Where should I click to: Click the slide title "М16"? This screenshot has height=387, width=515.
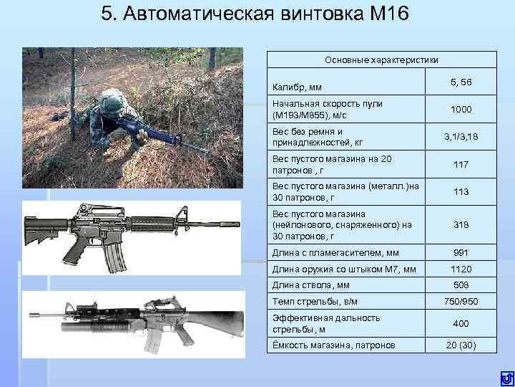(x=390, y=14)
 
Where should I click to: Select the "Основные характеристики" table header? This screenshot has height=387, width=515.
(x=381, y=60)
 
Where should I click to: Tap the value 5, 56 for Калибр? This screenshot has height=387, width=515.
(x=461, y=82)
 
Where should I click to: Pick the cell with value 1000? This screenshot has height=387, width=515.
(x=461, y=109)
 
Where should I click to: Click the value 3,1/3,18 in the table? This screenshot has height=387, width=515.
(x=461, y=137)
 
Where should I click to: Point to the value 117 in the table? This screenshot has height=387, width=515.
(x=461, y=164)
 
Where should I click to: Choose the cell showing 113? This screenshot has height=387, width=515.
(x=461, y=191)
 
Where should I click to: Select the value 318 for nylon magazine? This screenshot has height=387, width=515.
(x=461, y=225)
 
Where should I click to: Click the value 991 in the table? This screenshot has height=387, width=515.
(x=461, y=253)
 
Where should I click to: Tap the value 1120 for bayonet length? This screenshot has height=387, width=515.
(x=461, y=269)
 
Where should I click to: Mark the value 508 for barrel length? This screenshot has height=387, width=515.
(x=461, y=285)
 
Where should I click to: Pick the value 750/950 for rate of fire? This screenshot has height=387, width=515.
(x=461, y=302)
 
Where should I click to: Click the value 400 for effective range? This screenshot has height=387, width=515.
(x=461, y=323)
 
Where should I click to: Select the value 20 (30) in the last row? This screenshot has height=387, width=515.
(x=461, y=345)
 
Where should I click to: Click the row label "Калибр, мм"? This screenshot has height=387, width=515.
(x=297, y=88)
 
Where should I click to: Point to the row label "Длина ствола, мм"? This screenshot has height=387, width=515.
(x=310, y=285)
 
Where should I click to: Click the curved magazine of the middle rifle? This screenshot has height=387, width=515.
(x=115, y=257)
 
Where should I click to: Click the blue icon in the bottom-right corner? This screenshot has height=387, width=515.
(x=507, y=378)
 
